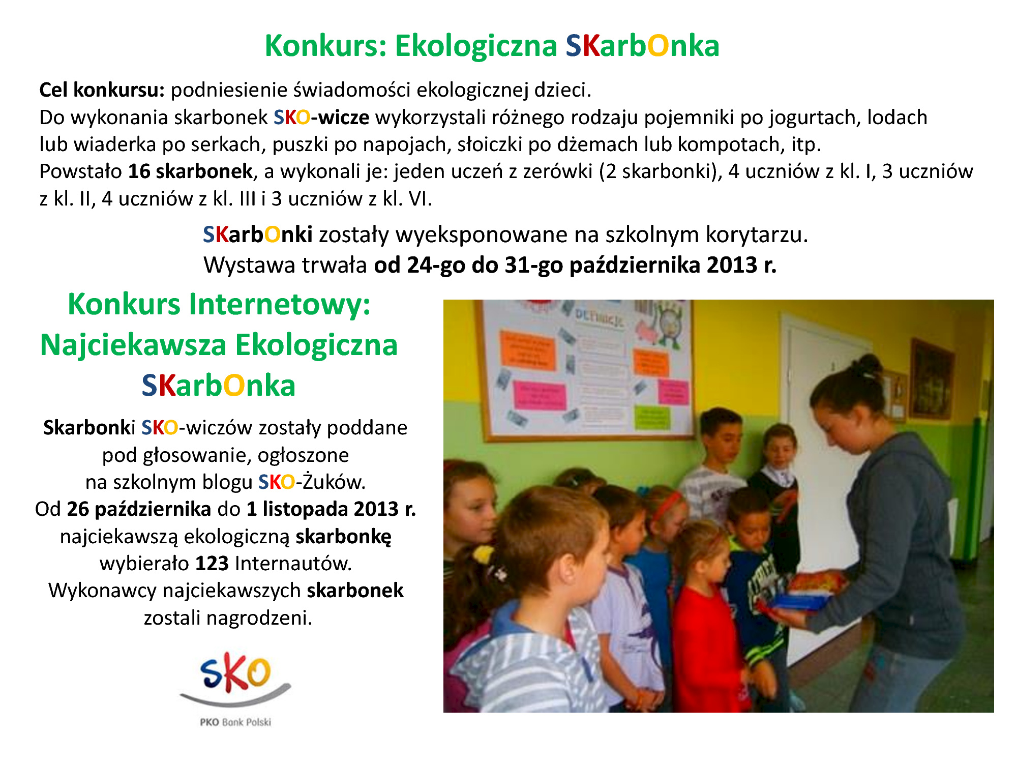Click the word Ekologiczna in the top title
click(476, 46)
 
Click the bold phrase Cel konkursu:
click(102, 90)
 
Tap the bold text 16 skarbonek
click(190, 171)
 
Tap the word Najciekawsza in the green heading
click(133, 346)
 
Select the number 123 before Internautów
click(212, 564)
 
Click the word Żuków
click(334, 482)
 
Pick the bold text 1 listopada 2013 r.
click(331, 509)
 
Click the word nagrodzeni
click(259, 619)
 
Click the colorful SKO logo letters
click(235, 672)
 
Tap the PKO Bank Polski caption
click(235, 722)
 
